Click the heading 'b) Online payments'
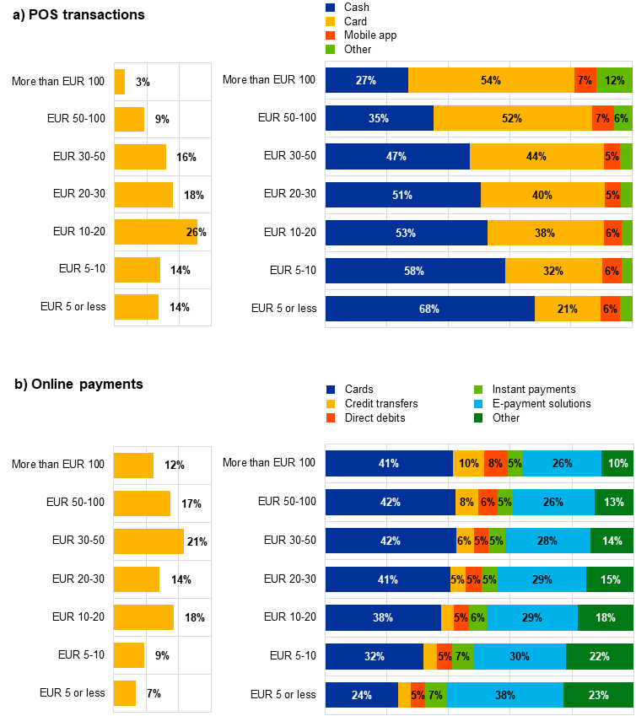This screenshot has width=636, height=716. tap(79, 385)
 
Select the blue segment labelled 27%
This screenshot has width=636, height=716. tap(366, 80)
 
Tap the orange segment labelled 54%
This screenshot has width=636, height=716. tap(490, 80)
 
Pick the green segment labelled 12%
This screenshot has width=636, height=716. tap(614, 80)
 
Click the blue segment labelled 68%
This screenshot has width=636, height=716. tap(429, 309)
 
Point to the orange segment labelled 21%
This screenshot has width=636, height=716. tap(567, 309)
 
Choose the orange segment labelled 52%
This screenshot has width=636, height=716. tap(512, 118)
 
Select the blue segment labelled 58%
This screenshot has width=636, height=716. tap(415, 271)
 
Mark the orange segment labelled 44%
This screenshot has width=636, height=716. tap(536, 156)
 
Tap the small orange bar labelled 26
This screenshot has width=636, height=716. tap(155, 232)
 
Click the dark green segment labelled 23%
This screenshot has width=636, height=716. tap(598, 695)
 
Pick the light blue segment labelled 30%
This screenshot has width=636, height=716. tap(520, 657)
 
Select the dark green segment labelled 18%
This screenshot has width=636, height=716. tap(606, 618)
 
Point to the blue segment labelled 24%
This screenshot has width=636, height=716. tap(361, 695)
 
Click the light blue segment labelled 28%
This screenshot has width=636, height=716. tap(548, 541)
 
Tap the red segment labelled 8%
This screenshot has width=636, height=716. tap(496, 464)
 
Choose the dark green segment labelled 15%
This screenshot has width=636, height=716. tap(610, 579)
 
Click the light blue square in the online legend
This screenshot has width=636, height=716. tap(478, 404)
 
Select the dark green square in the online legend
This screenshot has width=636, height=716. tap(478, 417)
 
